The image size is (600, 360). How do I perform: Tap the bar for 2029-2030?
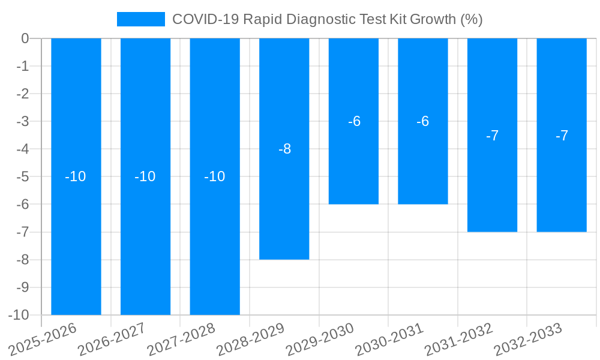pyautogui.click(x=353, y=162)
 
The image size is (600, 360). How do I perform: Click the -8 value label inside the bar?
pyautogui.click(x=284, y=149)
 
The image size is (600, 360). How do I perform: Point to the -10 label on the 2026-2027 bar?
pyautogui.click(x=145, y=176)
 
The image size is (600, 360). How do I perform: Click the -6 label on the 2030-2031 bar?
pyautogui.click(x=423, y=121)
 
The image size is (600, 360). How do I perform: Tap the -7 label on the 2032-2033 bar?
pyautogui.click(x=562, y=136)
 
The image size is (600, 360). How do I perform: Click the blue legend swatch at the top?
pyautogui.click(x=141, y=19)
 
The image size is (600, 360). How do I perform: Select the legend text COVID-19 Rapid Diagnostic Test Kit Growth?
pyautogui.click(x=327, y=19)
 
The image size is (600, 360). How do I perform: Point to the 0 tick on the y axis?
pyautogui.click(x=25, y=38)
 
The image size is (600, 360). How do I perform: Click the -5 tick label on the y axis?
pyautogui.click(x=23, y=176)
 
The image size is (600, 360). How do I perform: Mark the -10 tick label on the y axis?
pyautogui.click(x=20, y=315)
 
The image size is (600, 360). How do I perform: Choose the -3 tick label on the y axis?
pyautogui.click(x=23, y=121)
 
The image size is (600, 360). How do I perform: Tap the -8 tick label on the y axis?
pyautogui.click(x=23, y=260)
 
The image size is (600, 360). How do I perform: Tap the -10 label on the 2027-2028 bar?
pyautogui.click(x=215, y=176)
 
